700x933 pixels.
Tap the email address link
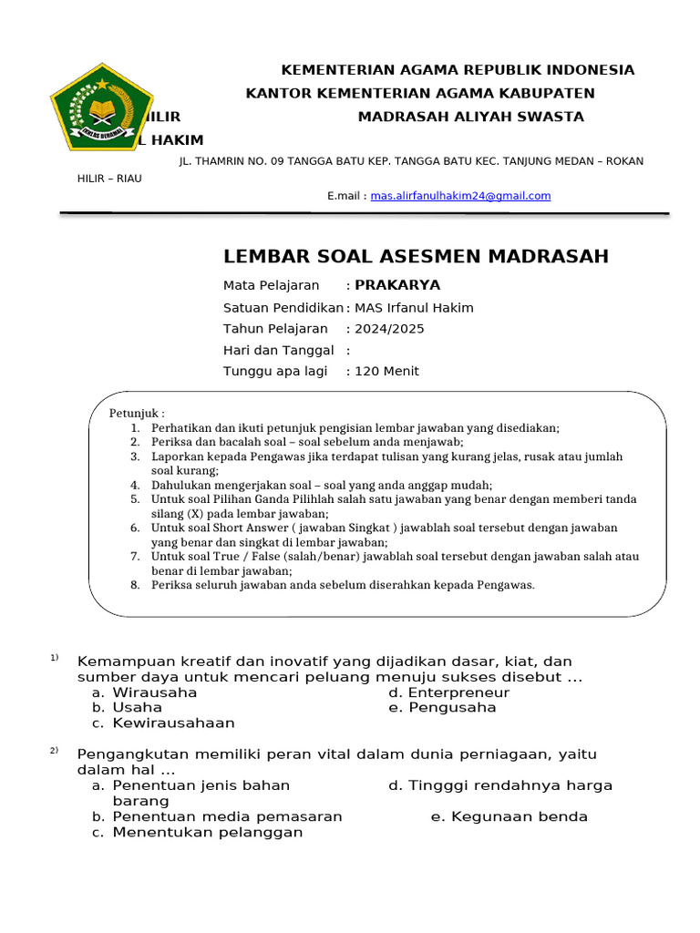click(460, 196)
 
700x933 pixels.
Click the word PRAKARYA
click(397, 285)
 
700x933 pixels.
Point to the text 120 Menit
click(386, 371)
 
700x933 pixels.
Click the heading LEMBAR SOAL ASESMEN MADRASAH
click(416, 256)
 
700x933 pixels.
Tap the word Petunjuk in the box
click(136, 413)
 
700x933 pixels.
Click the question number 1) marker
click(55, 657)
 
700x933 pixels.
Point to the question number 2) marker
click(55, 751)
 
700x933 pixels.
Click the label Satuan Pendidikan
click(283, 307)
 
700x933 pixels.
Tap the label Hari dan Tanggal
click(279, 350)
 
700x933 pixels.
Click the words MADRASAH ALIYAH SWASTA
click(470, 117)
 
